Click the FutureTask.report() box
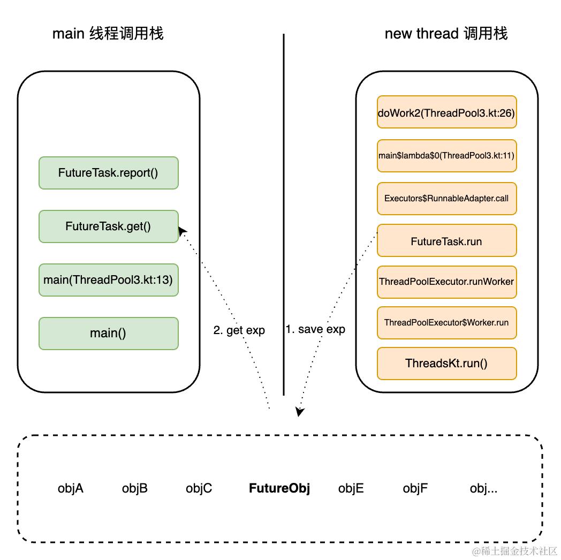coord(108,173)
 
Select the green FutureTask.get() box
coord(108,226)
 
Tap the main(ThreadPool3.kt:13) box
coord(108,280)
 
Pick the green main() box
coord(108,334)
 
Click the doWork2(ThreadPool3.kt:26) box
coord(446,112)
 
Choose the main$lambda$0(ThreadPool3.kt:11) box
coord(446,156)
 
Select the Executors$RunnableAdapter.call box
coord(446,198)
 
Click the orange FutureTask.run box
coord(446,241)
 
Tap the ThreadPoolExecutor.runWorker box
coord(446,282)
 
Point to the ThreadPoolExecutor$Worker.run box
coord(446,323)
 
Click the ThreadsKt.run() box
coord(446,364)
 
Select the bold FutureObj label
coord(279,488)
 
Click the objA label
coord(71,488)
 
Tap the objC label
coord(199,488)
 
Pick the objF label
coord(415,488)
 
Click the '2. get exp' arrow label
coord(239,330)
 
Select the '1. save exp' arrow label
coord(315,329)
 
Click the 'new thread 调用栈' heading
coord(446,34)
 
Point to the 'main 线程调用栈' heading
coord(108,34)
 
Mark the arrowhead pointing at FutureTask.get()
coord(182,230)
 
